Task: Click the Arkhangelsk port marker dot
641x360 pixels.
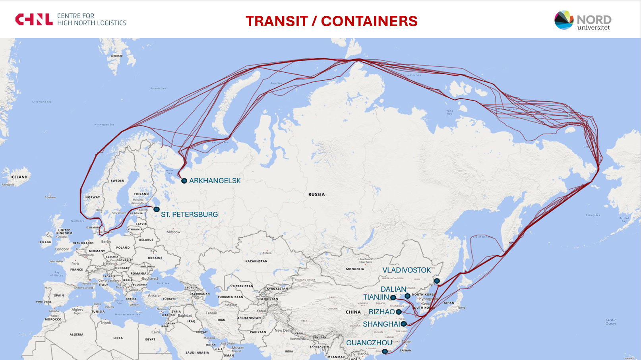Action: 184,181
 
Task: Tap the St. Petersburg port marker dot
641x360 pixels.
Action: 157,209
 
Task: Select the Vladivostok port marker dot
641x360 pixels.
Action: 437,281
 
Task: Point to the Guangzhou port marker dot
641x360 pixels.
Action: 385,351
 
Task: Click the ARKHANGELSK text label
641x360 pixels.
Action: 215,181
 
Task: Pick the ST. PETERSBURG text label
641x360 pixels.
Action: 189,215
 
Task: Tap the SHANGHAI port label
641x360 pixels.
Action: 382,324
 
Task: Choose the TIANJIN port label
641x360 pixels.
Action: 376,297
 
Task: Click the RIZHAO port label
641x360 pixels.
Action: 382,312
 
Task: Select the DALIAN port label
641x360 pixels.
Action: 393,289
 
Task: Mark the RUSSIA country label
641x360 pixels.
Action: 316,194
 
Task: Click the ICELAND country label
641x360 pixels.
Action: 19,177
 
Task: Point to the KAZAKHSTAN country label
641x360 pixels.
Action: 256,261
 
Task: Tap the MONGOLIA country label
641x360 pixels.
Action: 355,269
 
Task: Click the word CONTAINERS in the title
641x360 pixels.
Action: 369,21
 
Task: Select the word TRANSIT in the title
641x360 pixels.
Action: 277,21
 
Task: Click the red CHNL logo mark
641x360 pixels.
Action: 34,19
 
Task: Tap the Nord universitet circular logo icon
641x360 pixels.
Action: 564,20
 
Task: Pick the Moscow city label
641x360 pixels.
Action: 173,232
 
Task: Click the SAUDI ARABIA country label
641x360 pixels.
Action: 197,352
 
